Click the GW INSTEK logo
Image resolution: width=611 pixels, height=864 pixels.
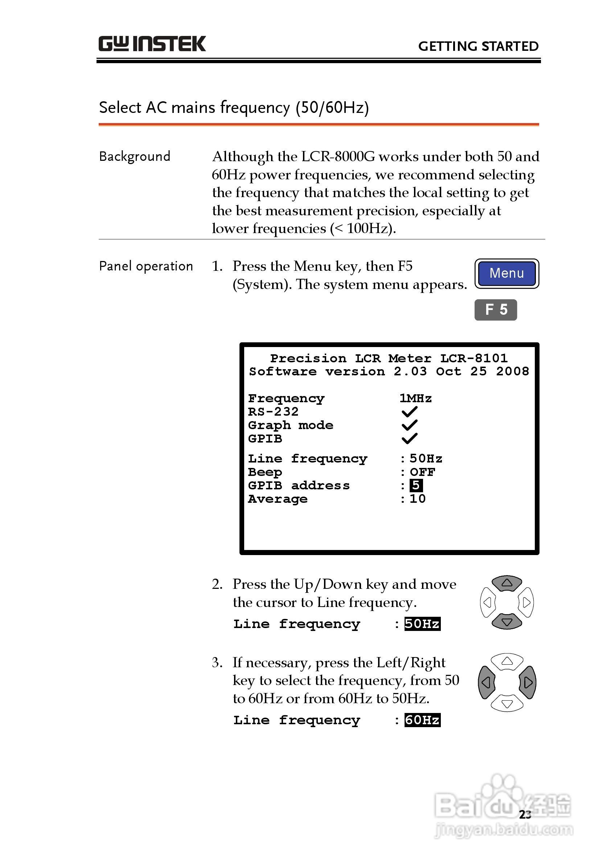click(152, 44)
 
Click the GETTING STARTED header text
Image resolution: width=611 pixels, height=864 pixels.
click(478, 46)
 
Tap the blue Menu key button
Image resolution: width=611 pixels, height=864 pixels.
click(507, 273)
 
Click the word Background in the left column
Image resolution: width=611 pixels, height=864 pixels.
click(134, 156)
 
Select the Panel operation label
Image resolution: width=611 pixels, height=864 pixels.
click(145, 266)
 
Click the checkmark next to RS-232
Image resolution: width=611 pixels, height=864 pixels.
click(409, 412)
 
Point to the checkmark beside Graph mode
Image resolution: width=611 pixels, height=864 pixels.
click(409, 425)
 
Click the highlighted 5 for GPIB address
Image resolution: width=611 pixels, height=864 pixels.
click(416, 485)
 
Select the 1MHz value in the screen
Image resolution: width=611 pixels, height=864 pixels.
click(415, 398)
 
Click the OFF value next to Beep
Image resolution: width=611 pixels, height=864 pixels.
click(422, 472)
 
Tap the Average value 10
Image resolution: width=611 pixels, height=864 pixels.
click(418, 499)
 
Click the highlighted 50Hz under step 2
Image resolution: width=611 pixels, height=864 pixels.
click(422, 624)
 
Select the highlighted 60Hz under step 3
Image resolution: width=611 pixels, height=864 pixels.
click(422, 720)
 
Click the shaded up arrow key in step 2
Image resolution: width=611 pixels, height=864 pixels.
click(507, 583)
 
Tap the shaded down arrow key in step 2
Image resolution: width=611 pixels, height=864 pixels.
click(507, 621)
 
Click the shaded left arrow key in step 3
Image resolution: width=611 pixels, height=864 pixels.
click(487, 682)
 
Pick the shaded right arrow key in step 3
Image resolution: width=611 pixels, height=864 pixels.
click(528, 682)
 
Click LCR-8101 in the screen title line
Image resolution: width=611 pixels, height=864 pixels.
click(474, 358)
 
